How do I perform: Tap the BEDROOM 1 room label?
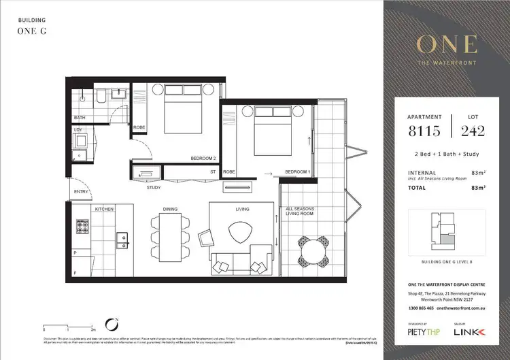tap(297, 171)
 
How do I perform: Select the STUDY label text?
tap(154, 187)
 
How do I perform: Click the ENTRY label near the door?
tap(81, 193)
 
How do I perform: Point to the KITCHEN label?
tap(103, 209)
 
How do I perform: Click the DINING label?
tap(171, 209)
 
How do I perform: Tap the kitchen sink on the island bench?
tap(122, 238)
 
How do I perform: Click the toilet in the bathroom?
tap(99, 98)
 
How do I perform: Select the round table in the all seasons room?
tap(315, 255)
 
